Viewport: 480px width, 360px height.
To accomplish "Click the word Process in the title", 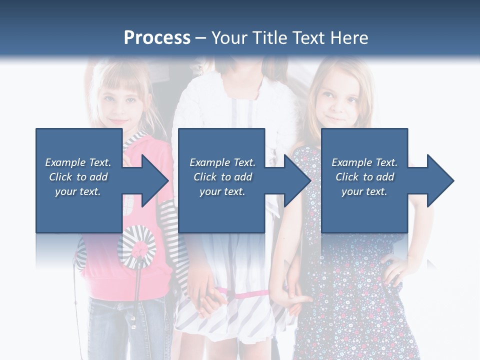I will (157, 38).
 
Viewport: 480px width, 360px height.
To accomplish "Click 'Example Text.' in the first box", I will (78, 162).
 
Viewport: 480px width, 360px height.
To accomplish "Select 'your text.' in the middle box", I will (222, 191).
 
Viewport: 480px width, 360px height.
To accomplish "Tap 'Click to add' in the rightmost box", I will (364, 177).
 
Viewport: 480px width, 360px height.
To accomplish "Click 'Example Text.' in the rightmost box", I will (364, 162).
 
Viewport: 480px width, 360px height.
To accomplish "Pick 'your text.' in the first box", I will (78, 191).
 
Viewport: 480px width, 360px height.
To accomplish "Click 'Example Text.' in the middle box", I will (222, 162).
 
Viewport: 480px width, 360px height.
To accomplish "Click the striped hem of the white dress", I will (230, 320).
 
